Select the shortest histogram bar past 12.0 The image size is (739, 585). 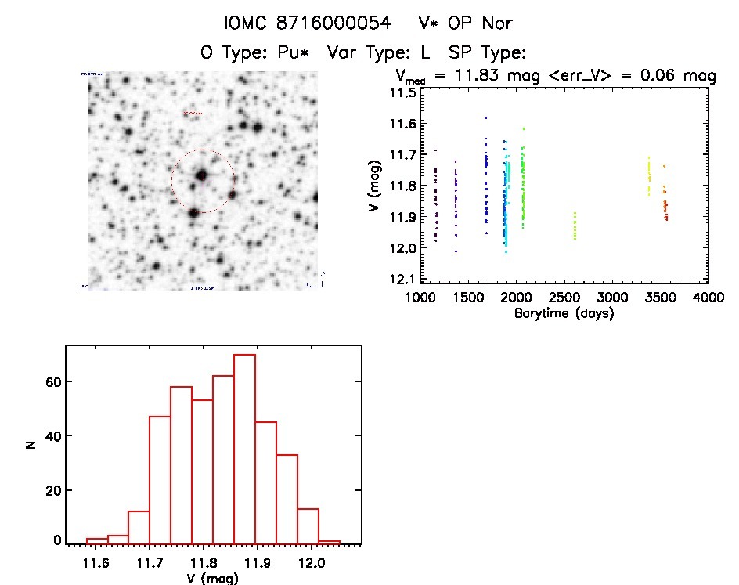coord(330,541)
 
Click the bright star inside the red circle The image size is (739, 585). coord(201,175)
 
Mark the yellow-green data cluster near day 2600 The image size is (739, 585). coord(575,226)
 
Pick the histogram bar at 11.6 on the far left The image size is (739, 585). coord(96,540)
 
